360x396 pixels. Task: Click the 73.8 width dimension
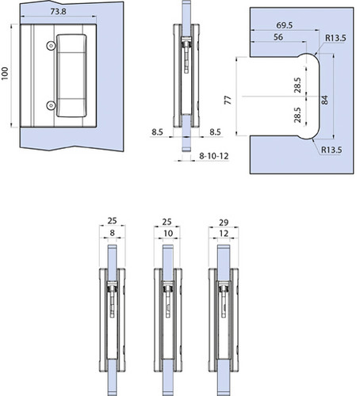(x=58, y=12)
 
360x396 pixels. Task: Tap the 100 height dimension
(x=5, y=74)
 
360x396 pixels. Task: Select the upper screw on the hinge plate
(x=51, y=46)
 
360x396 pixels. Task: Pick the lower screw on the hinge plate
(x=51, y=105)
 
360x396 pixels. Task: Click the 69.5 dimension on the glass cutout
(x=285, y=25)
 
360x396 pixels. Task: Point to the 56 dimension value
(x=278, y=37)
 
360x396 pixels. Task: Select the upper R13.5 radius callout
(x=335, y=38)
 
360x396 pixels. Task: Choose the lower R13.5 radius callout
(x=331, y=150)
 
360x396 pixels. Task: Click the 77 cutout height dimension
(x=228, y=101)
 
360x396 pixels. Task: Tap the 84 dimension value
(x=325, y=100)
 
